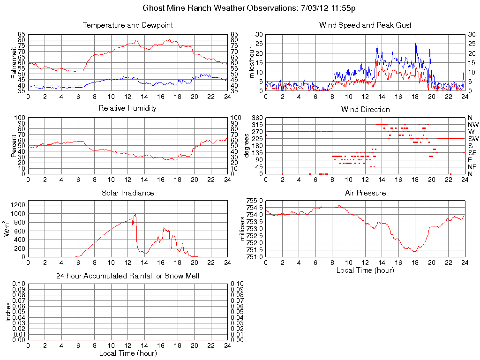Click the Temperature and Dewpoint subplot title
click(127, 25)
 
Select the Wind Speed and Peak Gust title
click(365, 25)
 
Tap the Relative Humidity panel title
click(127, 108)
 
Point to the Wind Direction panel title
click(365, 109)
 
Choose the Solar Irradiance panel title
click(127, 193)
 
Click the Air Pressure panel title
click(365, 193)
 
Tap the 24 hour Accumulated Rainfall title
click(127, 276)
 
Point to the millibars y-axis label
click(242, 229)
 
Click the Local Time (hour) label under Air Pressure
click(365, 270)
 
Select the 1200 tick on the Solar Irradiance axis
click(19, 204)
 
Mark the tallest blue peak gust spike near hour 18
click(415, 38)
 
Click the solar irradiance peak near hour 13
click(135, 214)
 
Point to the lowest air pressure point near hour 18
click(414, 252)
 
